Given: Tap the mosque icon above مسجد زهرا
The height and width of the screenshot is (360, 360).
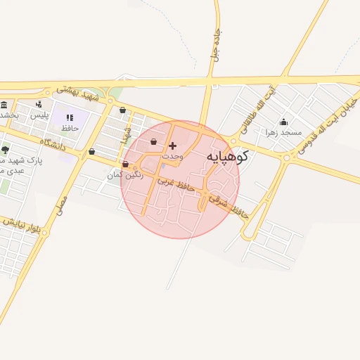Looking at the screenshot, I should pyautogui.click(x=283, y=122).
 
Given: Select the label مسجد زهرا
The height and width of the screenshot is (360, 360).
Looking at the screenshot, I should pyautogui.click(x=283, y=132).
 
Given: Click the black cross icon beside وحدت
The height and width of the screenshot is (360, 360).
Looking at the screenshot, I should pyautogui.click(x=173, y=146).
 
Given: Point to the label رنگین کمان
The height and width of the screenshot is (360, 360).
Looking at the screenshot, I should pyautogui.click(x=125, y=174).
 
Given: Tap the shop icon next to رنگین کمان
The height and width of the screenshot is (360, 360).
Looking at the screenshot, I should pyautogui.click(x=125, y=165).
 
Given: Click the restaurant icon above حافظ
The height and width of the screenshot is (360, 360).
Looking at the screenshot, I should pyautogui.click(x=70, y=117).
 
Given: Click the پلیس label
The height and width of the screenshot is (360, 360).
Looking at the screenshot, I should pyautogui.click(x=39, y=115).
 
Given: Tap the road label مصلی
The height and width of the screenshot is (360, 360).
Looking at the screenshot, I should pyautogui.click(x=61, y=205).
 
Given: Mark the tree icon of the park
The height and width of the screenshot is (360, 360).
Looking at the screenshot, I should pyautogui.click(x=6, y=150).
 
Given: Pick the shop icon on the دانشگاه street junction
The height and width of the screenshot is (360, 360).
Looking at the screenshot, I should pyautogui.click(x=91, y=151).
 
